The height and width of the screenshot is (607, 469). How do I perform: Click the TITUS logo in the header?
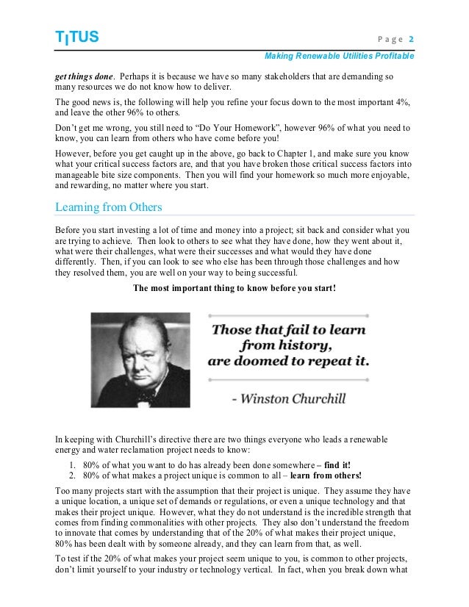tap(76, 37)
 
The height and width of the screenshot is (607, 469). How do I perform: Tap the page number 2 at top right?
tap(412, 38)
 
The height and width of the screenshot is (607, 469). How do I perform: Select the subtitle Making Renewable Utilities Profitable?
tap(339, 56)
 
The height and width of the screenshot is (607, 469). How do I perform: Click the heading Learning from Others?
tap(109, 207)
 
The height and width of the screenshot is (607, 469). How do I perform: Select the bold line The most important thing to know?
tap(234, 288)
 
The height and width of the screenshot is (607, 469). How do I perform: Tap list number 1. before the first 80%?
tap(74, 465)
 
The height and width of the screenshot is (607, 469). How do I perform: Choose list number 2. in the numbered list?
tap(74, 475)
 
